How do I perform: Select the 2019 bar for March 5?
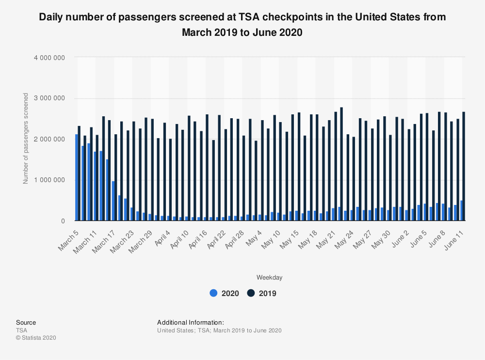pyautogui.click(x=79, y=173)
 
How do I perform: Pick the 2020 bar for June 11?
pyautogui.click(x=462, y=211)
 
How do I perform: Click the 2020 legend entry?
pyautogui.click(x=224, y=293)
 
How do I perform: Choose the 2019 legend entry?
pyautogui.click(x=262, y=293)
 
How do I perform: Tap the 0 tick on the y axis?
pyautogui.click(x=63, y=221)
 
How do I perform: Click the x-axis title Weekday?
pyautogui.click(x=270, y=278)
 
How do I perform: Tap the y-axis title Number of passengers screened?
pyautogui.click(x=26, y=139)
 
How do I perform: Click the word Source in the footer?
pyautogui.click(x=26, y=323)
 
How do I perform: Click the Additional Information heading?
pyautogui.click(x=191, y=323)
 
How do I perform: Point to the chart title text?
pyautogui.click(x=242, y=25)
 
